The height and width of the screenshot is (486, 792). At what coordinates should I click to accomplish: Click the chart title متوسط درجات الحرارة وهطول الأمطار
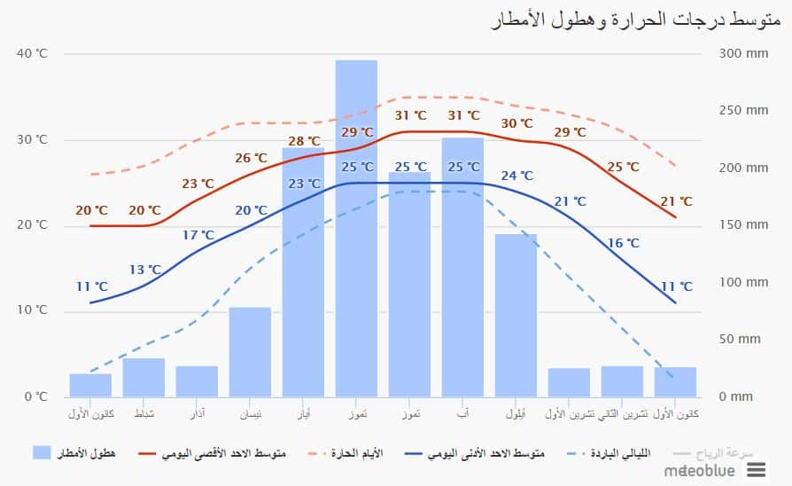tap(637, 20)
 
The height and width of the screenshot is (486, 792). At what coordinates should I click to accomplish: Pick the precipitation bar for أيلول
tap(516, 315)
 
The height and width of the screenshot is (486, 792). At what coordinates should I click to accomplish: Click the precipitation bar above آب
tap(462, 266)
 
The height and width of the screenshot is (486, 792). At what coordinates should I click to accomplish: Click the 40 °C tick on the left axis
tap(32, 54)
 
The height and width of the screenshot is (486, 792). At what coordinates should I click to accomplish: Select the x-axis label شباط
tap(144, 414)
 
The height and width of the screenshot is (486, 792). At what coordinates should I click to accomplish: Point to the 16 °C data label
tap(623, 243)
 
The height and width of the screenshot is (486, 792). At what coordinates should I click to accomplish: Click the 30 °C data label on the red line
tap(517, 123)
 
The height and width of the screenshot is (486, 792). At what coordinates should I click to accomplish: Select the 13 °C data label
tap(145, 270)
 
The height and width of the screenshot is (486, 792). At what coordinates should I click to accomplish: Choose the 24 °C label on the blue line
tap(517, 176)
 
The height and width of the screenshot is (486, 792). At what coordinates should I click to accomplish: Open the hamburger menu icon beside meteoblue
tap(767, 470)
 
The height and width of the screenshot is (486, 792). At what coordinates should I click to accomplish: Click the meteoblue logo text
tap(700, 470)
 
